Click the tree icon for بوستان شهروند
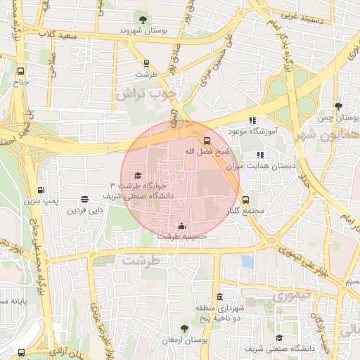(x=143, y=19)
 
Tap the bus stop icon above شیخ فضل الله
(x=206, y=140)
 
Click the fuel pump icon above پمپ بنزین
(x=41, y=190)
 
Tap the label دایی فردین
(x=85, y=210)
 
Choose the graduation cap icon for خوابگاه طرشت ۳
(x=138, y=175)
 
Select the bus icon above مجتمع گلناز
(x=245, y=200)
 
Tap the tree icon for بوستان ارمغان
(x=184, y=328)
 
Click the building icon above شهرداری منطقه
(x=221, y=297)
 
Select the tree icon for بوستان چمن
(x=340, y=105)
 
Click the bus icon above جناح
(x=20, y=71)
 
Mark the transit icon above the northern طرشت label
(x=146, y=63)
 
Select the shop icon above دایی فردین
(x=85, y=200)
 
